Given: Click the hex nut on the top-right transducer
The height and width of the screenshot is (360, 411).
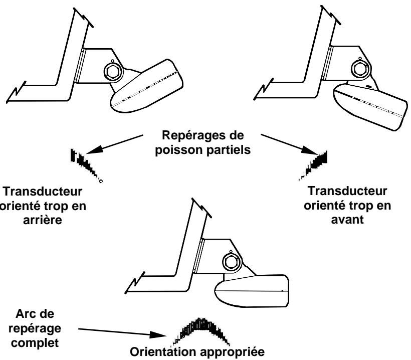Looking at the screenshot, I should click(360, 68).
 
